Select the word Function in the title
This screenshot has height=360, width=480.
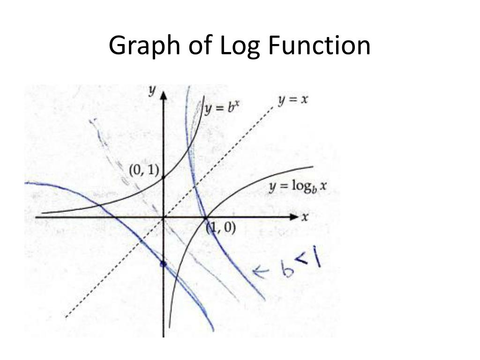click(x=319, y=46)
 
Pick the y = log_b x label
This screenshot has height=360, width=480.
click(x=297, y=187)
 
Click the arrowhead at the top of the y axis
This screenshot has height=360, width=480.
click(x=164, y=95)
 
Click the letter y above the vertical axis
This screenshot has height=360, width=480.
click(x=152, y=91)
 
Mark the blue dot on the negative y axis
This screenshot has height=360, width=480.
click(x=163, y=265)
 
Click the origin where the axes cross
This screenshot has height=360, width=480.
click(x=164, y=217)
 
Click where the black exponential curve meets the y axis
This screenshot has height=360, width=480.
click(x=164, y=178)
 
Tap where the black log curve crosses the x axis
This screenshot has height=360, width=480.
click(x=205, y=217)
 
